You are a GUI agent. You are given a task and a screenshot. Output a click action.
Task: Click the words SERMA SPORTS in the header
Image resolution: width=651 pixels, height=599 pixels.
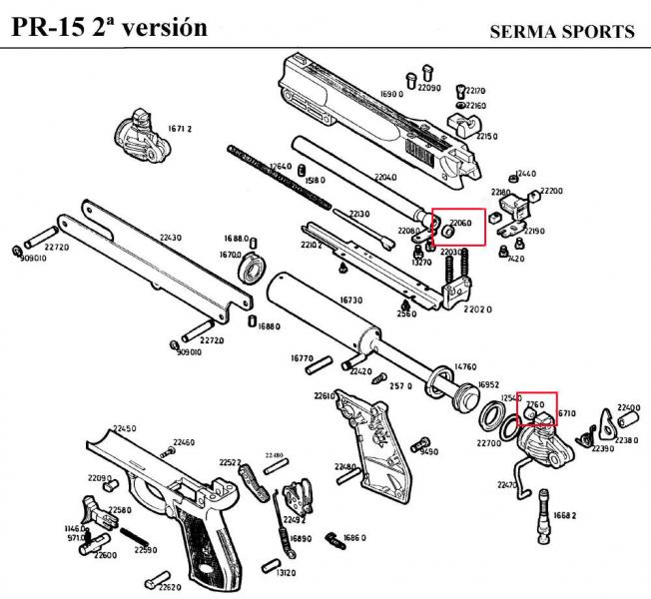pyautogui.click(x=562, y=32)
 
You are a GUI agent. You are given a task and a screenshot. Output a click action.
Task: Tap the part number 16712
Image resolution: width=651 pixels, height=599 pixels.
pyautogui.click(x=180, y=129)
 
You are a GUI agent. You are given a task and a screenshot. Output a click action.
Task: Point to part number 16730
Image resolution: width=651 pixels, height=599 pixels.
pyautogui.click(x=351, y=299)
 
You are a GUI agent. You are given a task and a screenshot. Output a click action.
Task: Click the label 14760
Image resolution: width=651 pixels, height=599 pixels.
pyautogui.click(x=465, y=366)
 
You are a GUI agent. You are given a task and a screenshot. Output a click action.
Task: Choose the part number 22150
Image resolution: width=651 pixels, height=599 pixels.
pyautogui.click(x=486, y=136)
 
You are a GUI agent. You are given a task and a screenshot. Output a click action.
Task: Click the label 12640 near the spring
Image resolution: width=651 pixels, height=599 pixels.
pyautogui.click(x=281, y=167)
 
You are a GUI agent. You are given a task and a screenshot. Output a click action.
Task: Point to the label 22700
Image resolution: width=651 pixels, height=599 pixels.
pyautogui.click(x=489, y=442)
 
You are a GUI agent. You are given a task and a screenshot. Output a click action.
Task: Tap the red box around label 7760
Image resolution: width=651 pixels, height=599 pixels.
pyautogui.click(x=537, y=408)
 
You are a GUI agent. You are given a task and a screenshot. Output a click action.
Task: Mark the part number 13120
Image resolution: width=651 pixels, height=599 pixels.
pyautogui.click(x=287, y=573)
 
